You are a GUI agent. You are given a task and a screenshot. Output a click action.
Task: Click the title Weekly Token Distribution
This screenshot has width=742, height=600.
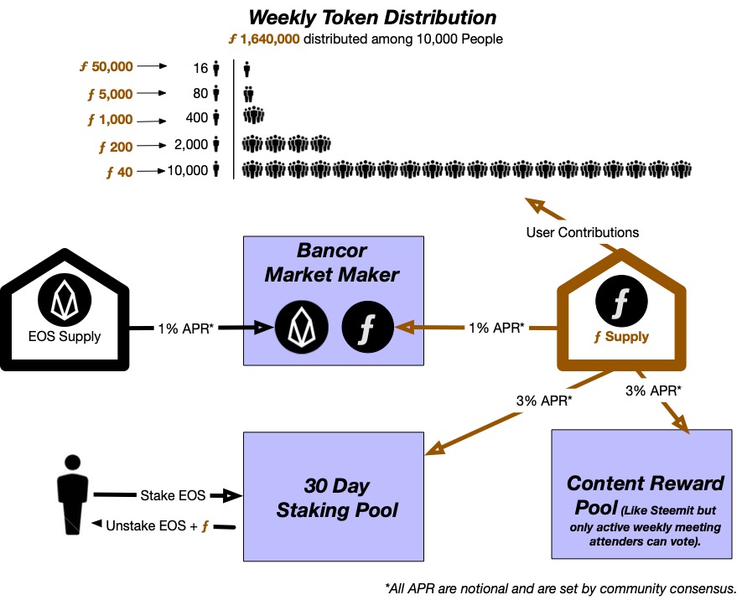[x=372, y=18]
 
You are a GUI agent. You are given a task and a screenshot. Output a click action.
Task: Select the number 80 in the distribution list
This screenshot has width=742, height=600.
[x=200, y=93]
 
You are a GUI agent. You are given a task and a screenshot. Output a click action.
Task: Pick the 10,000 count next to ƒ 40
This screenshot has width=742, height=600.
[x=187, y=170]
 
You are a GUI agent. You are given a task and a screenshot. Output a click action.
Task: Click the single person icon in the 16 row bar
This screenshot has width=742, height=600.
[x=246, y=67]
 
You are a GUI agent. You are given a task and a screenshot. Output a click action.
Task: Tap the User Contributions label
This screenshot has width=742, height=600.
[x=582, y=232]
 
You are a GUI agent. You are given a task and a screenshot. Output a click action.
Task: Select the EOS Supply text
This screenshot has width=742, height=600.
[x=65, y=337]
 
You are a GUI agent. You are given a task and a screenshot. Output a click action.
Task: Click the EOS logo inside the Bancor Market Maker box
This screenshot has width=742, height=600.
[x=302, y=327]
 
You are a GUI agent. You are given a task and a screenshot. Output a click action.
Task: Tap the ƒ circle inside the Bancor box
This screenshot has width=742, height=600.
[x=367, y=327]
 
